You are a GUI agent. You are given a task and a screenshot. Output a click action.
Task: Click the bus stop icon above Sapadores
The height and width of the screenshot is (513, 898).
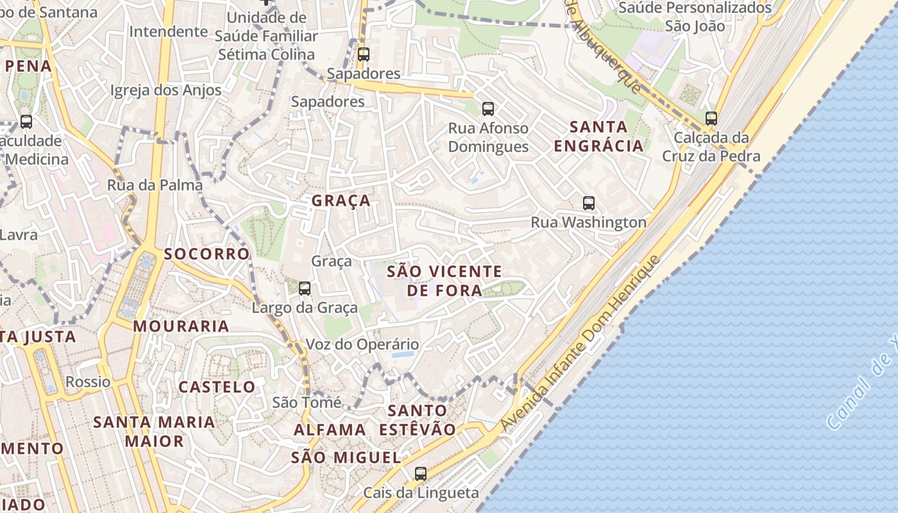click(364, 55)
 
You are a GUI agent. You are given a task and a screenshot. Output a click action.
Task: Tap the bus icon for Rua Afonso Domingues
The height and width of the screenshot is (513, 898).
click(488, 109)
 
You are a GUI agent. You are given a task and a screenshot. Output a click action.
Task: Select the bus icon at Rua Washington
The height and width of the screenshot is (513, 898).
click(589, 203)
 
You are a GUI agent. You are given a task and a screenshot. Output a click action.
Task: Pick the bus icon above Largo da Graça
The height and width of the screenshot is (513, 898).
click(305, 289)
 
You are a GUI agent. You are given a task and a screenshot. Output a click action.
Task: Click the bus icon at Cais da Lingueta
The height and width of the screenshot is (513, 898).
click(421, 474)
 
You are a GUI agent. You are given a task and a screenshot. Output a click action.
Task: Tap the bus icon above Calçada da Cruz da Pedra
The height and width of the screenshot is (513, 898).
click(711, 119)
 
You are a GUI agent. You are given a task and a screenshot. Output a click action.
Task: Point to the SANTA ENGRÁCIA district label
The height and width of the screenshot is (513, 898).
click(598, 136)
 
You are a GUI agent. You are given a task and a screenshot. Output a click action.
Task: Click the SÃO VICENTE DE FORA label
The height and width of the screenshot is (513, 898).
click(444, 281)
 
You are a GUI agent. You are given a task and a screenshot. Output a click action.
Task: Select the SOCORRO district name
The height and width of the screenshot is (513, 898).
click(207, 254)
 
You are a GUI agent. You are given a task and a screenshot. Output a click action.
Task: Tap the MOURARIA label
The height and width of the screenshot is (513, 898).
click(181, 326)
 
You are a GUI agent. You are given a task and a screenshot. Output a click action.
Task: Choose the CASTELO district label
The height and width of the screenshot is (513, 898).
click(217, 387)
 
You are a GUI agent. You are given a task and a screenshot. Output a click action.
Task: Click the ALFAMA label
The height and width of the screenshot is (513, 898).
click(330, 430)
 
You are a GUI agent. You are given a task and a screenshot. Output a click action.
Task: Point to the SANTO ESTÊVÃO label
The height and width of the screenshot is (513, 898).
click(417, 420)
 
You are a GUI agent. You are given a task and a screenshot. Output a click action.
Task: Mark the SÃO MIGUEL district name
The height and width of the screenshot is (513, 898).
click(346, 458)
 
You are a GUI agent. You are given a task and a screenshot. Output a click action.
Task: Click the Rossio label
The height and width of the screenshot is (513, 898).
click(88, 382)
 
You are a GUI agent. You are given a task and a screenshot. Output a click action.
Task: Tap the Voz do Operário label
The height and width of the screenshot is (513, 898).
click(362, 344)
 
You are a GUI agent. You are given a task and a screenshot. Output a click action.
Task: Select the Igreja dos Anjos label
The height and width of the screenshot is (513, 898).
click(165, 90)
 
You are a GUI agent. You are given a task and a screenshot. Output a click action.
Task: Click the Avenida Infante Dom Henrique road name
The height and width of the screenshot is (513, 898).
click(580, 343)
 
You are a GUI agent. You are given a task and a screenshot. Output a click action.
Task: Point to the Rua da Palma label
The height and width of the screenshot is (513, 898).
click(155, 185)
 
